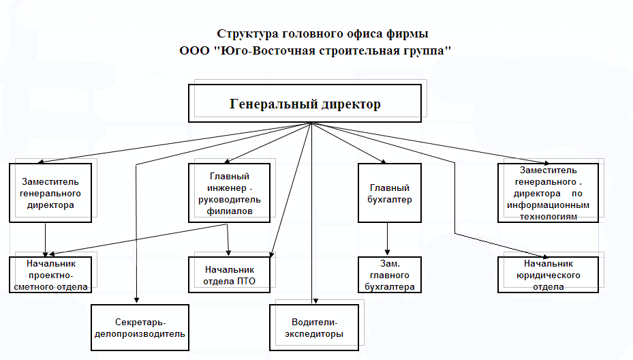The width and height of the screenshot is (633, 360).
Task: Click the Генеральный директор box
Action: [305, 104]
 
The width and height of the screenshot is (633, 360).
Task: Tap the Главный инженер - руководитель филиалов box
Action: [228, 192]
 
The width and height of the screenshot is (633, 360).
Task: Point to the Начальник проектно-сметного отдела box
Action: [50, 275]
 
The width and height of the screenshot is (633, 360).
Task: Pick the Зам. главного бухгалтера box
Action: [390, 275]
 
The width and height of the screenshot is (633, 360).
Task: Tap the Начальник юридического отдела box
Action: [549, 274]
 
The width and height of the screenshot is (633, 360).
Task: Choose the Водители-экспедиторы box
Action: [315, 327]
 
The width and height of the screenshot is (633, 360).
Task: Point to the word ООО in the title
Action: [193, 51]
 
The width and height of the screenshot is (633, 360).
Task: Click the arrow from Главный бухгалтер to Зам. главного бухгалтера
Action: [388, 239]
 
